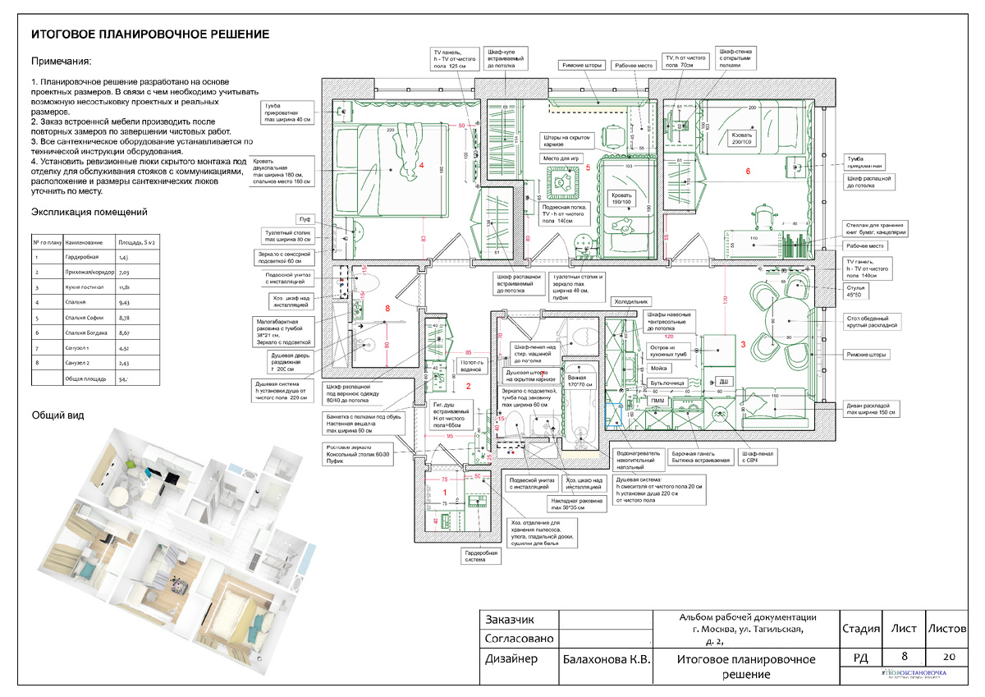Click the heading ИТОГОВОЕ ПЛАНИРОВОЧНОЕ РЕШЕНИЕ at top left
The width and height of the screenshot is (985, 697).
pos(150,34)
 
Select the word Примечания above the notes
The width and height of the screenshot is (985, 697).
pos(62,62)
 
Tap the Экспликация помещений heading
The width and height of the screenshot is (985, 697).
pos(89,212)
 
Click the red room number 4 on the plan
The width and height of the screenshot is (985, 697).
pos(421,166)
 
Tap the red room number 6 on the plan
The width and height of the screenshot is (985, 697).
pos(748,171)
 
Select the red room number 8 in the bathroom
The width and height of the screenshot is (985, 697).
pos(387,309)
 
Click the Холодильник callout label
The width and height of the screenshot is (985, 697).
pos(632,301)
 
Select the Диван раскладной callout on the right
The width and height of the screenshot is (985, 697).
pos(873,408)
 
